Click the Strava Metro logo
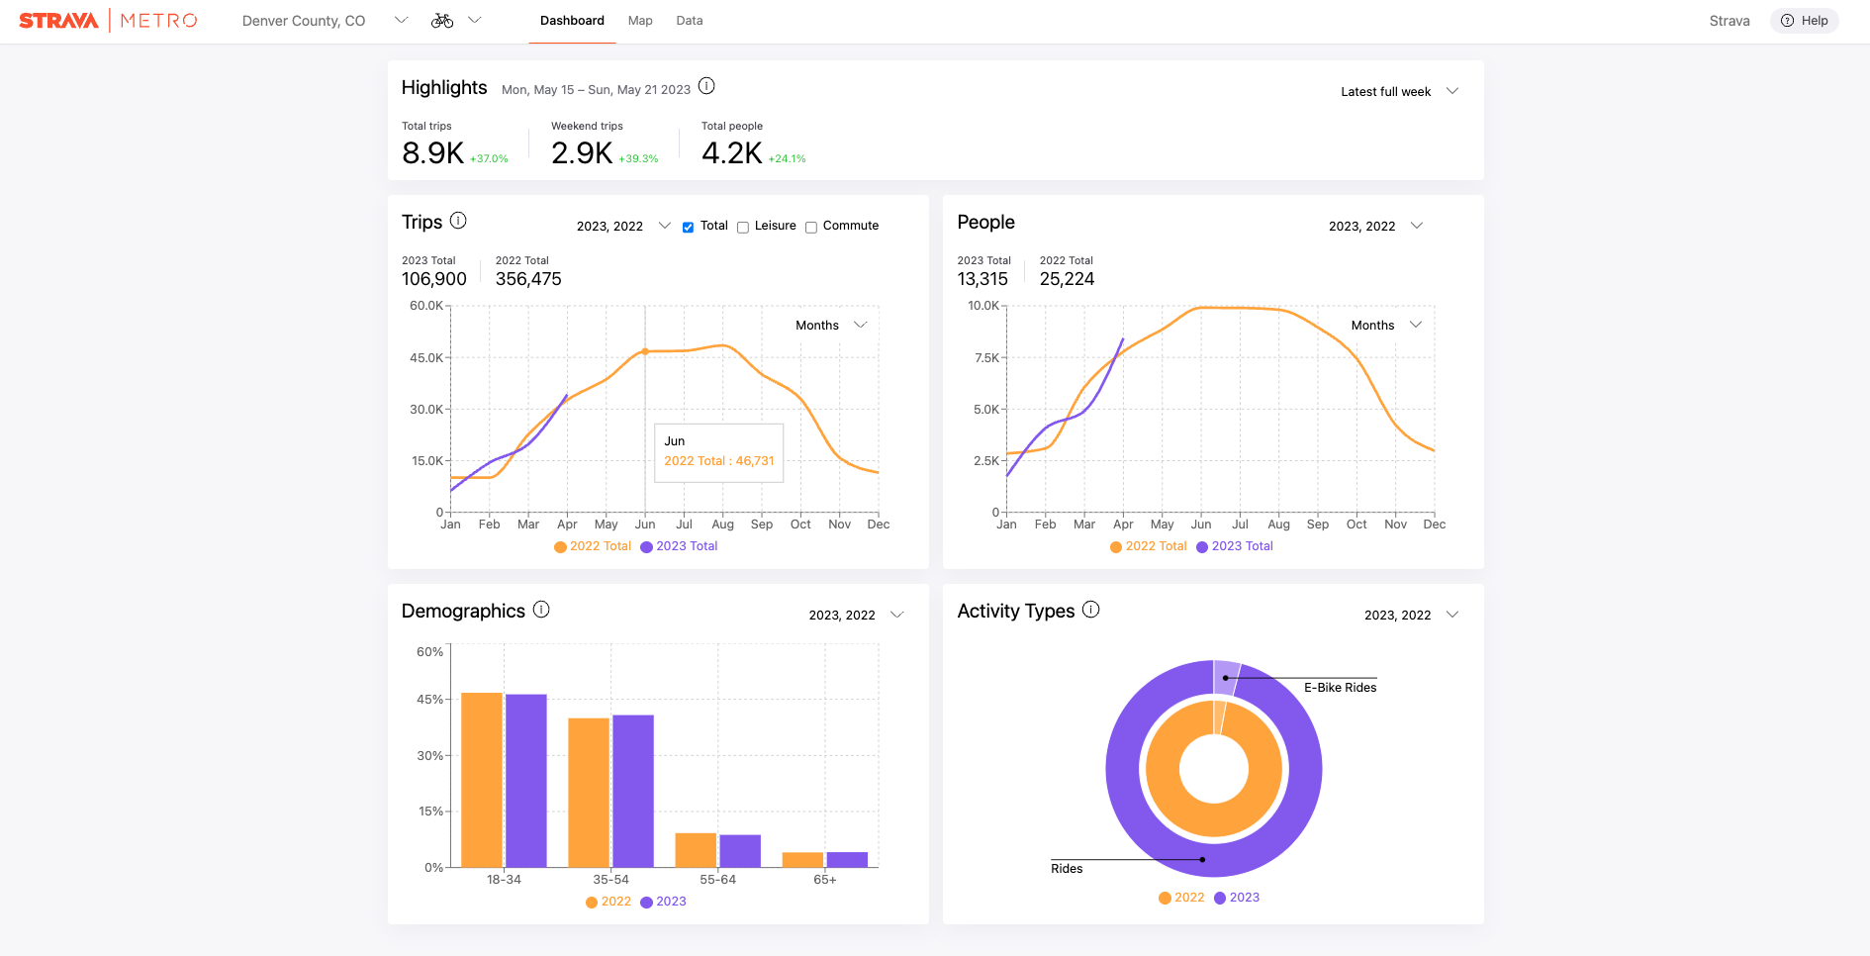[x=108, y=21]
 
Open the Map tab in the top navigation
[x=640, y=21]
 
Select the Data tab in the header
[x=690, y=21]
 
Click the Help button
[x=1804, y=21]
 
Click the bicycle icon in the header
[x=442, y=21]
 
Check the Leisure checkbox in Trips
[x=743, y=228]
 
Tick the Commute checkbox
[x=811, y=228]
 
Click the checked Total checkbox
[x=688, y=228]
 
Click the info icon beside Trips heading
[x=458, y=221]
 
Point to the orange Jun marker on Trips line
[x=645, y=351]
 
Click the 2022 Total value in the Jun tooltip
[x=719, y=461]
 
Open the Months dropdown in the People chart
[x=1386, y=325]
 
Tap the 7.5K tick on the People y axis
[x=986, y=357]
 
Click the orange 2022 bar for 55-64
[x=696, y=850]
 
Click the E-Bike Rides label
[x=1340, y=688]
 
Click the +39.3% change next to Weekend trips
[x=638, y=158]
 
